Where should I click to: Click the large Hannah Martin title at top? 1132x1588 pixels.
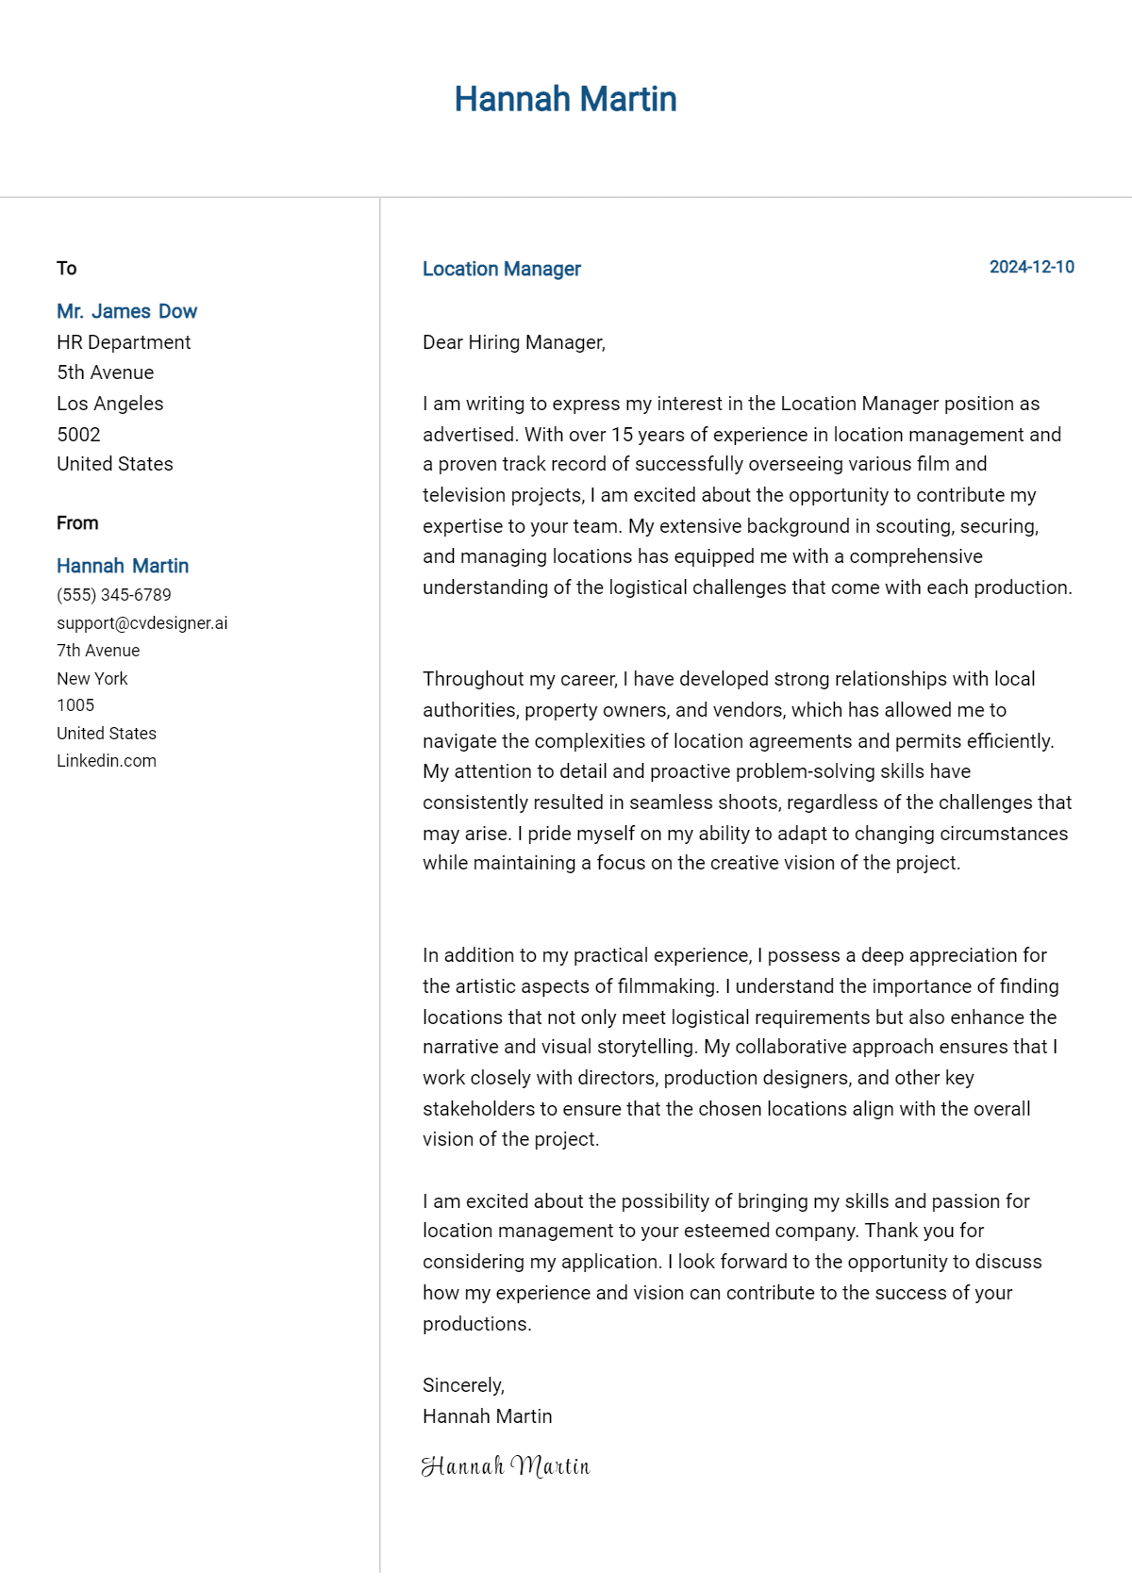coord(565,99)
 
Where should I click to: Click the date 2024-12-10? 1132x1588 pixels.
coord(1031,267)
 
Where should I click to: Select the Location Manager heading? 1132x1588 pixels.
coord(501,269)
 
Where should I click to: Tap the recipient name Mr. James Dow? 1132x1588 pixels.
coord(126,311)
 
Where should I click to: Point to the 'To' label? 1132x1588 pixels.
coord(66,268)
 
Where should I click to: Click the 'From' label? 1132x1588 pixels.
coord(77,522)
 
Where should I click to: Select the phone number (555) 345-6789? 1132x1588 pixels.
coord(114,595)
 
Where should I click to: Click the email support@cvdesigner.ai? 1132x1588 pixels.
coord(141,623)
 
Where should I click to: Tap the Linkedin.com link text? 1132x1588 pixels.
coord(107,761)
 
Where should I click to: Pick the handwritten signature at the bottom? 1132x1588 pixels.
coord(506,1465)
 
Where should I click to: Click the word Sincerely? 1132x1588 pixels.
coord(462,1385)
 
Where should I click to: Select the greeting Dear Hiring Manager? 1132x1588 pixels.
coord(513,342)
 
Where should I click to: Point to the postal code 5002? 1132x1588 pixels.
coord(78,435)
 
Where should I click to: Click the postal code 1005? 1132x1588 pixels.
coord(75,705)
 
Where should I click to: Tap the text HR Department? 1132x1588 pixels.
coord(124,342)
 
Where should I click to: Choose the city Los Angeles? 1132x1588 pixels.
coord(109,404)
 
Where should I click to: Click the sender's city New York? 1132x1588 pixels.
coord(92,679)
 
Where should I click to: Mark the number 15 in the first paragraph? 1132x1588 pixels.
coord(622,435)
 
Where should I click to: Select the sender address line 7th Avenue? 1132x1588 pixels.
coord(98,651)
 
